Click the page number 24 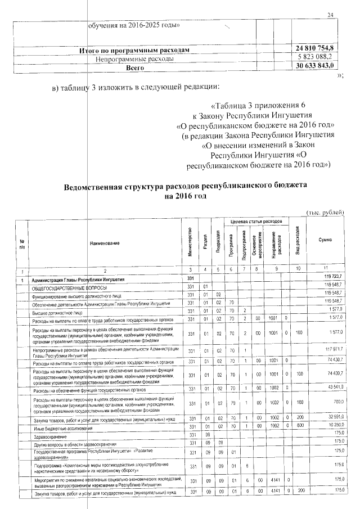pyautogui.click(x=330, y=15)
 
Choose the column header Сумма pyautogui.click(x=324, y=240)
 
